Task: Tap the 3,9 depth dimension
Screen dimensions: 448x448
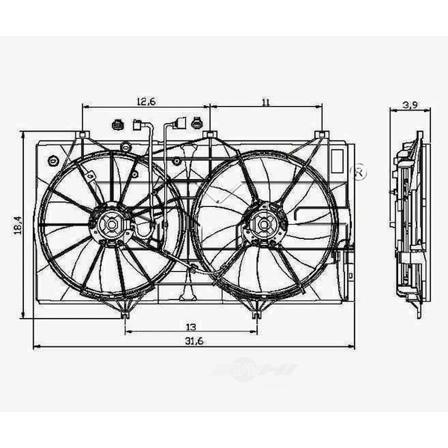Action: coord(409,105)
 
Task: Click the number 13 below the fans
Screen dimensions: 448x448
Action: coord(191,326)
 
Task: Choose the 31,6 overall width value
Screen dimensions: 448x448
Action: coord(193,341)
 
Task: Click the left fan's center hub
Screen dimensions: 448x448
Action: coord(109,223)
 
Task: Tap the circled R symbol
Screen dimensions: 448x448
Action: coord(360,171)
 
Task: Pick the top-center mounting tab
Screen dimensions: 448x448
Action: coord(210,135)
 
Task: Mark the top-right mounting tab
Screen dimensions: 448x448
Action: coord(321,135)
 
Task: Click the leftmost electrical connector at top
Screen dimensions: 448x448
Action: coord(118,124)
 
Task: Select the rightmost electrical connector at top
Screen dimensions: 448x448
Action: coord(197,123)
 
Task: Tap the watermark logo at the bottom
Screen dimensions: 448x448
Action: coord(254,370)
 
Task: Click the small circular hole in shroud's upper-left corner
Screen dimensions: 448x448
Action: coord(53,161)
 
